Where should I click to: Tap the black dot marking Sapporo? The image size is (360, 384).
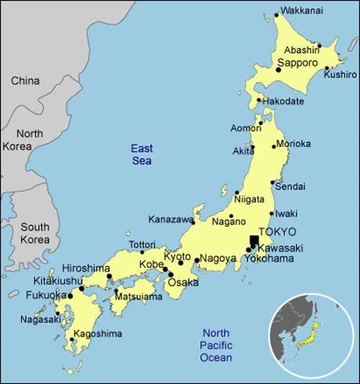coord(278,70)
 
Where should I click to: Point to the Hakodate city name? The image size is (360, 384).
coord(286,101)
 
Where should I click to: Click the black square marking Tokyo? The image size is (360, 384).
coord(254,241)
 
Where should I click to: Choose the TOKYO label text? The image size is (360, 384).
coord(278,232)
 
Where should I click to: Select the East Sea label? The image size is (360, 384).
coord(141,154)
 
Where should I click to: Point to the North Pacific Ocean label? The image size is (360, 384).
coord(216,344)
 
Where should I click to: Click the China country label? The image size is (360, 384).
coord(24,81)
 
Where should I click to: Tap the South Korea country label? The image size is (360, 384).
coord(34,233)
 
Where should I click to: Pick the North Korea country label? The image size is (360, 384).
coord(29,140)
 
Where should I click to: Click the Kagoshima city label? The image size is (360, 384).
coord(98,334)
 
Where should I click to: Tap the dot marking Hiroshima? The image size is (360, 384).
coord(109,276)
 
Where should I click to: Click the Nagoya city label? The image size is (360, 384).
coord(218,258)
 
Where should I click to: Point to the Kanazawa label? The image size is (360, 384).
coord(170,220)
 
